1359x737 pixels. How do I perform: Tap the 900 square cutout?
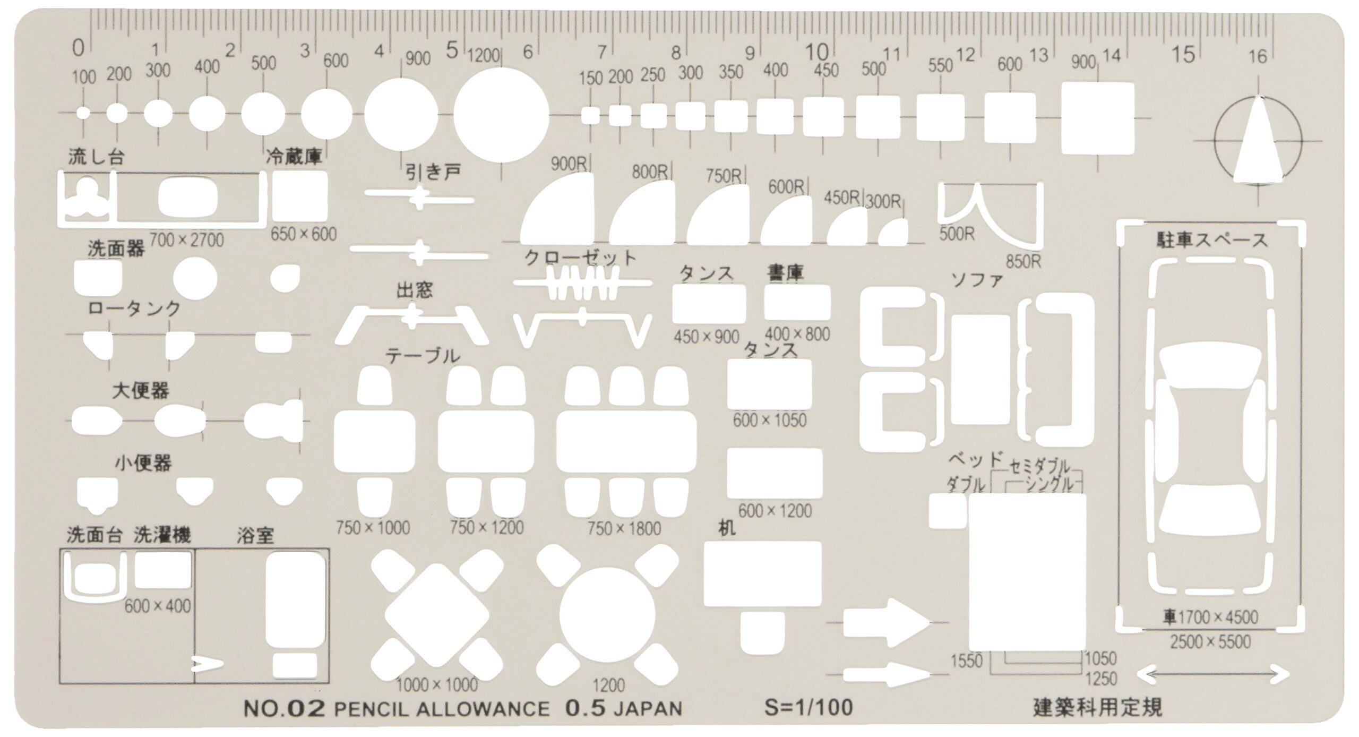pyautogui.click(x=1098, y=117)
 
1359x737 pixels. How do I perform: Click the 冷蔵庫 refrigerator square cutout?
pyautogui.click(x=299, y=196)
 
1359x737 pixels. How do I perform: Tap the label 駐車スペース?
pyautogui.click(x=1212, y=241)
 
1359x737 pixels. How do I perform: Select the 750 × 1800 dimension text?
pyautogui.click(x=624, y=529)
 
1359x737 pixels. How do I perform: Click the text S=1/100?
pyautogui.click(x=808, y=707)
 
